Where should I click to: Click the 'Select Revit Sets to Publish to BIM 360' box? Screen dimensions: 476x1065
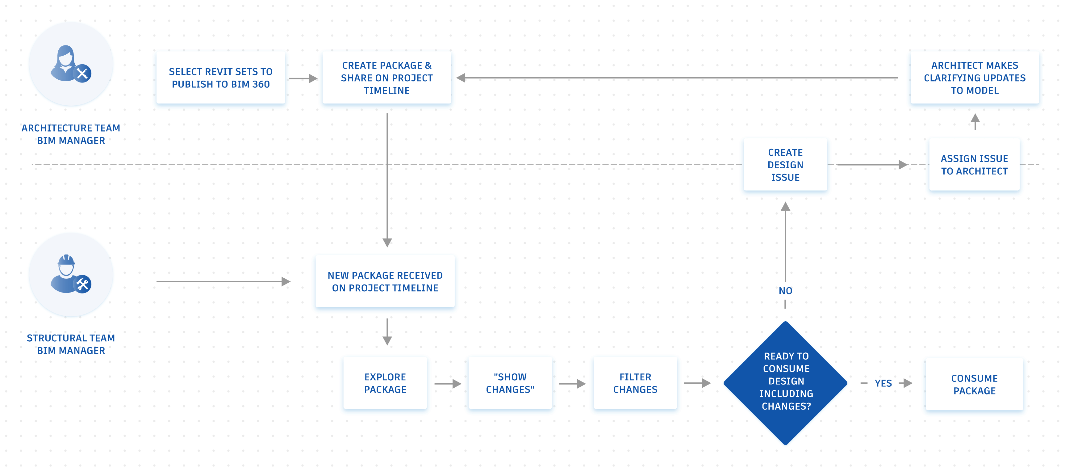point(220,78)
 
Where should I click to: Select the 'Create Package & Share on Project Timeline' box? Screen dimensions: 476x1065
point(386,78)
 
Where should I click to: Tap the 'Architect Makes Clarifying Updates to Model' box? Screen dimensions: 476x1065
point(975,78)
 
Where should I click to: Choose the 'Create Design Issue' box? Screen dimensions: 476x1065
point(785,165)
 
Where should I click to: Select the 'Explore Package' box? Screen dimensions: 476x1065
point(385,383)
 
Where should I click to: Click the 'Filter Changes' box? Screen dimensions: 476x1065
point(635,383)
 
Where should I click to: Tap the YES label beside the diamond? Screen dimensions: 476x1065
point(883,383)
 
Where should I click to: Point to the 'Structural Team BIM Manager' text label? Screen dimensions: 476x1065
point(71,344)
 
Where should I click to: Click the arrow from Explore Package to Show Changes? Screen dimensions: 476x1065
point(448,384)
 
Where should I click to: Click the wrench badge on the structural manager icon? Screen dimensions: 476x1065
point(83,284)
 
